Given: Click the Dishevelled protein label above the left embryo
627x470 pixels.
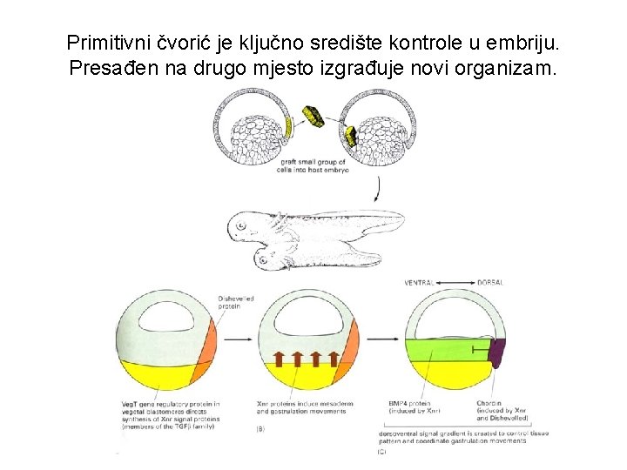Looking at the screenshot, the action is pos(237,302).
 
